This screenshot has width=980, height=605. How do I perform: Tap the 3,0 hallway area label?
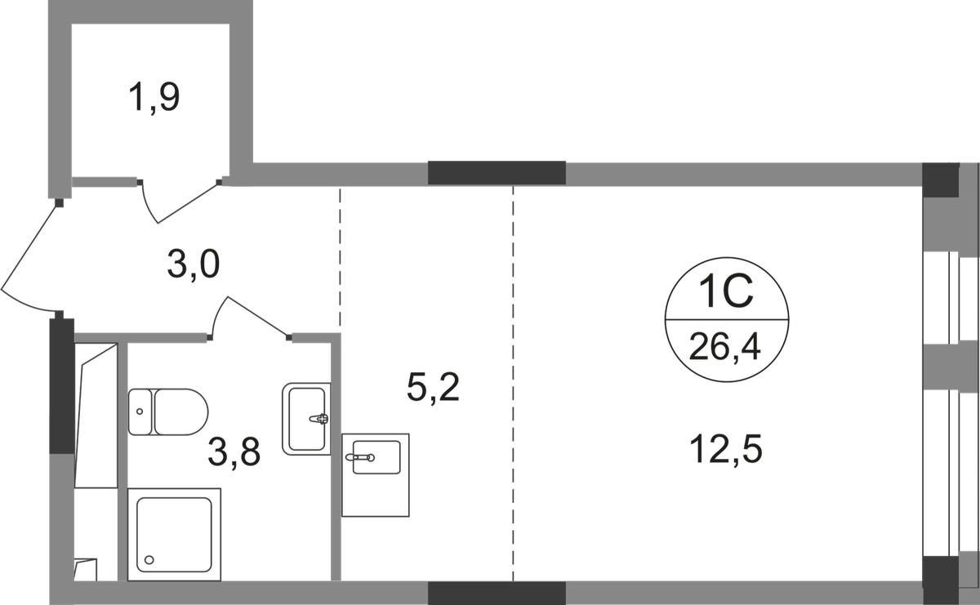[x=194, y=265]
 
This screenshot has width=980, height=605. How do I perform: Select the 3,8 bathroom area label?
[x=234, y=452]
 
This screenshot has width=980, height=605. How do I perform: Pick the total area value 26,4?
[x=725, y=349]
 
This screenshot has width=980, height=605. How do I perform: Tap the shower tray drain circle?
[x=149, y=560]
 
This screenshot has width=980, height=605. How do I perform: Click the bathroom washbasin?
[x=305, y=417]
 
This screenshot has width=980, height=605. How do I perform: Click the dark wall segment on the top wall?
[x=497, y=172]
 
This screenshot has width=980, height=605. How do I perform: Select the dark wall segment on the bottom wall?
[x=497, y=593]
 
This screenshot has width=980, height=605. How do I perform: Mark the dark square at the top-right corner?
[x=939, y=176]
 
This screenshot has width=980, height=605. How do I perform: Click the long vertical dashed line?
[x=512, y=384]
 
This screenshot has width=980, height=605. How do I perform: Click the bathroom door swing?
[x=249, y=314]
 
